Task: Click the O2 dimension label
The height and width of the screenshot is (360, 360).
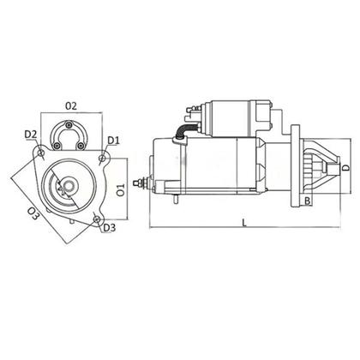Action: point(71,106)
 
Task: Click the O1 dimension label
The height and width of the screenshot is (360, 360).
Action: point(121,189)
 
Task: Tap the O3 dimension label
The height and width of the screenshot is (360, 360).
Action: point(33,213)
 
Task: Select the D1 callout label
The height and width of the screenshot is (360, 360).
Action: point(113,141)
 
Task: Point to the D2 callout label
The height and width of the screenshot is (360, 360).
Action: point(31,135)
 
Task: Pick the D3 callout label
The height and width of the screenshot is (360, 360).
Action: point(109,228)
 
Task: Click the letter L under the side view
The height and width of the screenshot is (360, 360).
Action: point(244,223)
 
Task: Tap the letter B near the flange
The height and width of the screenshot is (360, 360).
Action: point(307,201)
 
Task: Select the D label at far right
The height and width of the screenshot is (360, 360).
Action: point(345,168)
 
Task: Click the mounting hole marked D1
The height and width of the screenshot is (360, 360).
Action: point(103,158)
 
